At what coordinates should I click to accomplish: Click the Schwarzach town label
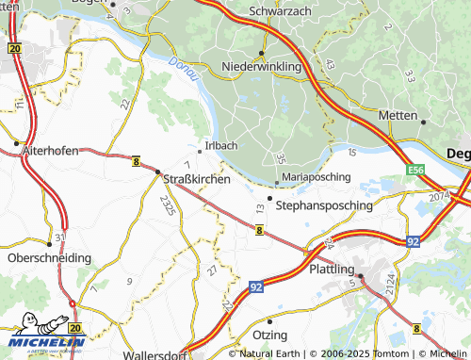281,10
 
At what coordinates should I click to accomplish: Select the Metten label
398,115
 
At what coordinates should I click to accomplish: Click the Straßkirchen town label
198,177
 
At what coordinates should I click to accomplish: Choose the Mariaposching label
317,176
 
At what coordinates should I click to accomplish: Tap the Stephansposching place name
324,204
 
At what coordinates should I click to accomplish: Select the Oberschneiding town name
49,256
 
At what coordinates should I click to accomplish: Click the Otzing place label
269,335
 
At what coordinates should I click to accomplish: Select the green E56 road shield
416,170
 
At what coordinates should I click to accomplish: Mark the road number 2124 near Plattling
388,280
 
